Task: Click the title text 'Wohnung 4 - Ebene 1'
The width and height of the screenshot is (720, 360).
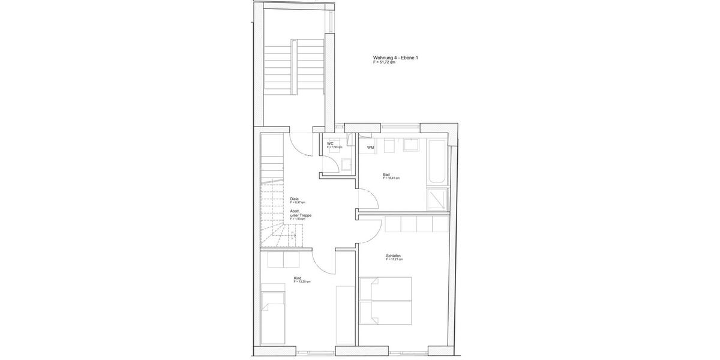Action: (395, 58)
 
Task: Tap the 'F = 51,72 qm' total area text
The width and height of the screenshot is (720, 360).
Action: (384, 62)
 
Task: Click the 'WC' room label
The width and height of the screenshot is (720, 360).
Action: (330, 144)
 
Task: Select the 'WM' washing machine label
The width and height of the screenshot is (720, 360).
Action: (371, 148)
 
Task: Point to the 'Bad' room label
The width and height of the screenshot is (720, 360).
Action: (386, 175)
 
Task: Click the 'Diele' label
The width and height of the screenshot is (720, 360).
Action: (295, 199)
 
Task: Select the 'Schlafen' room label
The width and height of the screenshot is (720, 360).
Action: (394, 256)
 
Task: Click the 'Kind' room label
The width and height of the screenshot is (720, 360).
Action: (297, 278)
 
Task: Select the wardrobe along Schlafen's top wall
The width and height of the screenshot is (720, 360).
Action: (416, 224)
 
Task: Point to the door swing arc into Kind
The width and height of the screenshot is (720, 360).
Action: (322, 264)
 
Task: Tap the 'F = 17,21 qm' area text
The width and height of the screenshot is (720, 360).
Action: (395, 260)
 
